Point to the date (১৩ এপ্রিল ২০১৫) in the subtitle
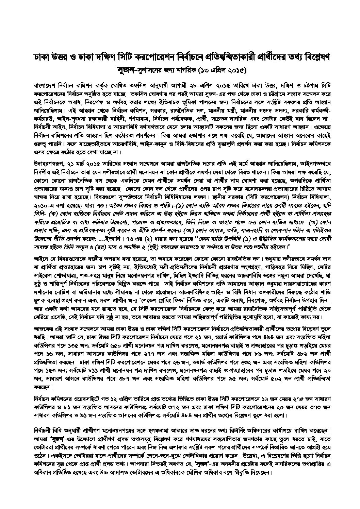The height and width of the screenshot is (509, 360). (x=217, y=71)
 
